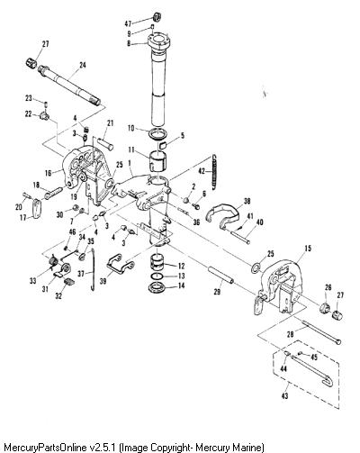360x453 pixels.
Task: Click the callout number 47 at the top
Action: (x=129, y=23)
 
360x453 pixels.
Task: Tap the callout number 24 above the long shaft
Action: (x=83, y=65)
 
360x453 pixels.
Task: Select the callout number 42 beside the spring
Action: (x=202, y=171)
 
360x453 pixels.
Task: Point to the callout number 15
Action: (x=308, y=249)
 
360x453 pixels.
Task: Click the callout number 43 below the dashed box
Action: (x=284, y=396)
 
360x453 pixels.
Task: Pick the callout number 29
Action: (x=217, y=291)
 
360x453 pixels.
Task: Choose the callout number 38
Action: (x=247, y=201)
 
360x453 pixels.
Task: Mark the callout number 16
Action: (x=49, y=173)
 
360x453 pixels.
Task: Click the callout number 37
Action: (x=81, y=274)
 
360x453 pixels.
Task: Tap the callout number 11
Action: (x=132, y=149)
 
